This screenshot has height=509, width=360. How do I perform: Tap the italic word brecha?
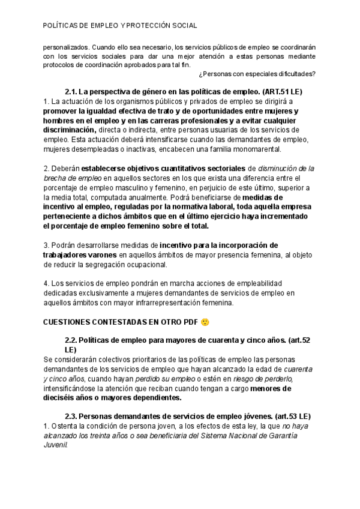point(55,178)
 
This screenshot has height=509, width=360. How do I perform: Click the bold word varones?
point(94,254)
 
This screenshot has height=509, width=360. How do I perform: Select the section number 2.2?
point(71,340)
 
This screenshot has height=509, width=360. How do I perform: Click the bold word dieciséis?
point(64,397)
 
